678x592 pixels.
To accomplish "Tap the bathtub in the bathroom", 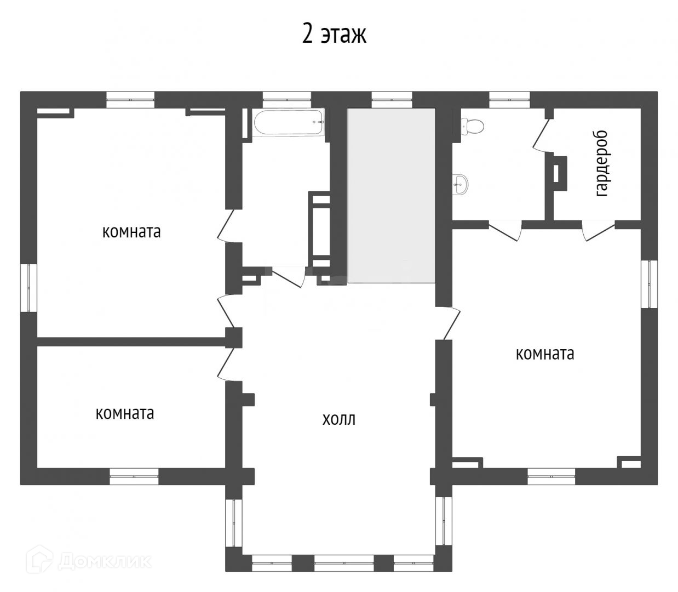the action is [289, 122].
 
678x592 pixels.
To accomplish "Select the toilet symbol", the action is [473, 126].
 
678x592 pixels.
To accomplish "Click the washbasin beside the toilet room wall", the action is [461, 184].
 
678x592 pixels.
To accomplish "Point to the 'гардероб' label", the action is [602, 164].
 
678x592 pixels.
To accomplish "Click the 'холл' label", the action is [338, 419].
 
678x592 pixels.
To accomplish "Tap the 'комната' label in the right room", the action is [545, 354].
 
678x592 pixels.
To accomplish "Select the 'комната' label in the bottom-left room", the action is [125, 414].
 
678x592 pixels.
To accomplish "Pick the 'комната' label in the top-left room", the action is [131, 232].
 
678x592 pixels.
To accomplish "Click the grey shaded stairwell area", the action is [391, 196].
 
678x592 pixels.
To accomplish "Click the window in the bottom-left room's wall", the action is [134, 476].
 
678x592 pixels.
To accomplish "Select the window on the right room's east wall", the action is [649, 284].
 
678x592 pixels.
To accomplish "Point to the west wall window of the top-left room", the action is [29, 288].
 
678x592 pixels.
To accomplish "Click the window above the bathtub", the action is [287, 100].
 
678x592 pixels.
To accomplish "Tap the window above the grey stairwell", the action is [392, 100].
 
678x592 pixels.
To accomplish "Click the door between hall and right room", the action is [448, 323].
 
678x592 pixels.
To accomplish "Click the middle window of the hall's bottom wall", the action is [344, 562].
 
